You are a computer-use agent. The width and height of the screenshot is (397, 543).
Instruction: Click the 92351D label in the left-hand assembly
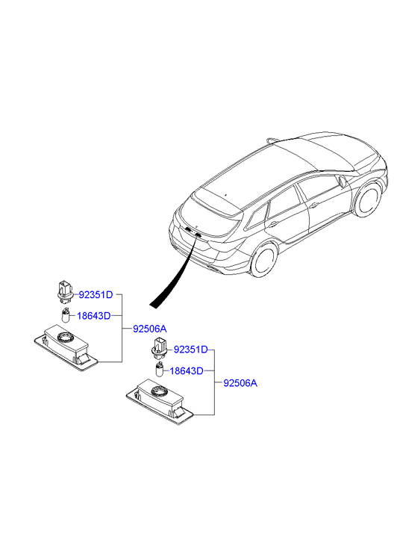click(x=96, y=295)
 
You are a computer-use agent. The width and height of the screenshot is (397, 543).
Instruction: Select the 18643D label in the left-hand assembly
click(x=94, y=316)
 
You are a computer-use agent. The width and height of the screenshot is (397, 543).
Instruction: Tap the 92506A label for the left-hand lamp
click(x=150, y=329)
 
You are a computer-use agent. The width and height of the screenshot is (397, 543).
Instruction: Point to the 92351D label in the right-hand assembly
click(x=191, y=350)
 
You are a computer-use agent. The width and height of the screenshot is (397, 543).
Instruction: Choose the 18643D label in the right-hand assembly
click(x=187, y=371)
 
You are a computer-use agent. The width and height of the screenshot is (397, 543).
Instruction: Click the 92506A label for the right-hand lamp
click(x=240, y=383)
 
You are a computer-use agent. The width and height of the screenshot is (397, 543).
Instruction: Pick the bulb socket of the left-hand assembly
click(x=65, y=289)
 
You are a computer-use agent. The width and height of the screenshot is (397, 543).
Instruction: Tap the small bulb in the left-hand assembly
click(x=66, y=316)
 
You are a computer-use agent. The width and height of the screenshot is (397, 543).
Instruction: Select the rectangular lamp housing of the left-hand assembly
click(x=66, y=348)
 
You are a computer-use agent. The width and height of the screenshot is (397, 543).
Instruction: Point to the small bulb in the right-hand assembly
click(x=160, y=370)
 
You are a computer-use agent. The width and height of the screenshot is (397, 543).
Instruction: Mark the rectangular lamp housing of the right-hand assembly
click(x=159, y=402)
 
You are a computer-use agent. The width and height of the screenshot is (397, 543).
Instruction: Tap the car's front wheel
click(x=369, y=199)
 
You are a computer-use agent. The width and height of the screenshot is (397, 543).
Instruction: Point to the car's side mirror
click(x=343, y=181)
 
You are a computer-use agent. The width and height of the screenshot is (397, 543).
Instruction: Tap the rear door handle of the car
click(x=273, y=224)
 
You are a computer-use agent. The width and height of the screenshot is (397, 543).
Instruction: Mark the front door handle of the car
click(x=314, y=205)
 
